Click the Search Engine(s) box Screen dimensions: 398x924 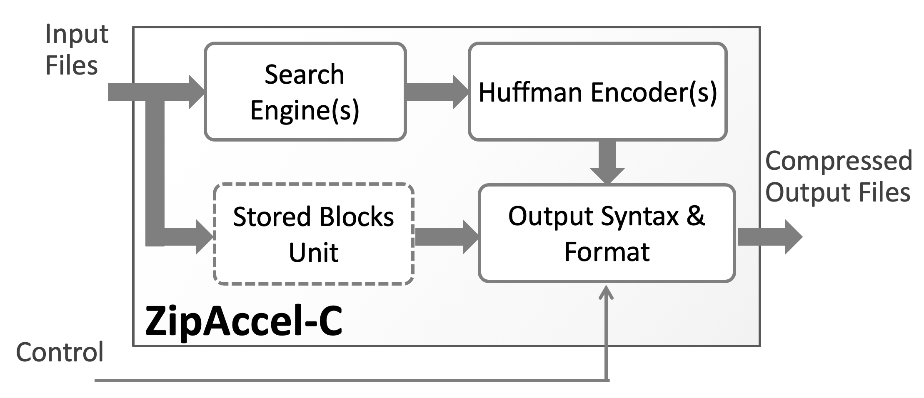click(305, 92)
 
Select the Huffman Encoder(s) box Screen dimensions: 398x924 click(597, 92)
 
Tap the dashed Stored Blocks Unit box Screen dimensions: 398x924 click(313, 234)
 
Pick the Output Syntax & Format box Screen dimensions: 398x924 click(607, 233)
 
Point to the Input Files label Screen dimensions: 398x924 click(76, 50)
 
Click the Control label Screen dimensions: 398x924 click(60, 352)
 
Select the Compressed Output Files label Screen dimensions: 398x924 click(838, 177)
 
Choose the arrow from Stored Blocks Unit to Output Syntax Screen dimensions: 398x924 click(446, 237)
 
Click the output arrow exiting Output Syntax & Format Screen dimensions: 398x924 click(769, 237)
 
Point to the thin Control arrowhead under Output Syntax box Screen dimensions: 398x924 click(607, 293)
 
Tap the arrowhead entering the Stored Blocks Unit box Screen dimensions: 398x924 click(204, 237)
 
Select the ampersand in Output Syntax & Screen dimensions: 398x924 click(695, 216)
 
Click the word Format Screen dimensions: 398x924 click(607, 251)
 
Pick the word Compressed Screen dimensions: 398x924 click(838, 161)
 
